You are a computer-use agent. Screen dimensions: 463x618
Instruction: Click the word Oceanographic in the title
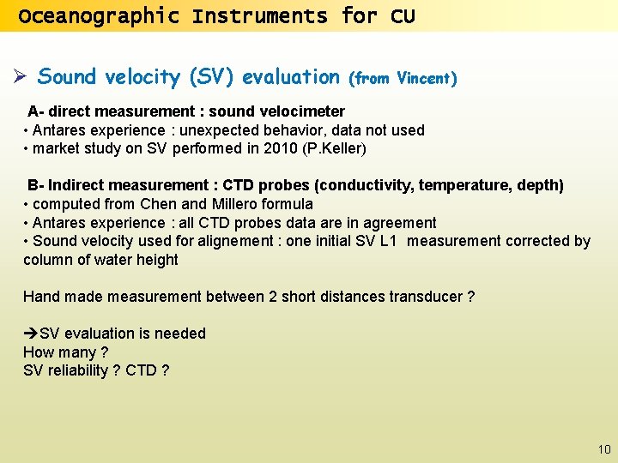(99, 16)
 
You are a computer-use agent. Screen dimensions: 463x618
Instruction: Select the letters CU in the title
(403, 16)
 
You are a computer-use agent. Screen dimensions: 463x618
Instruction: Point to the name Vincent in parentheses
(423, 79)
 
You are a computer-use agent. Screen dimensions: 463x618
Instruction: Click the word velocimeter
(305, 111)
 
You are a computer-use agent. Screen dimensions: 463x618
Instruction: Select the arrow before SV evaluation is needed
(31, 334)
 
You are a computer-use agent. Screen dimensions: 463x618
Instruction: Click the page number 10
(604, 449)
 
